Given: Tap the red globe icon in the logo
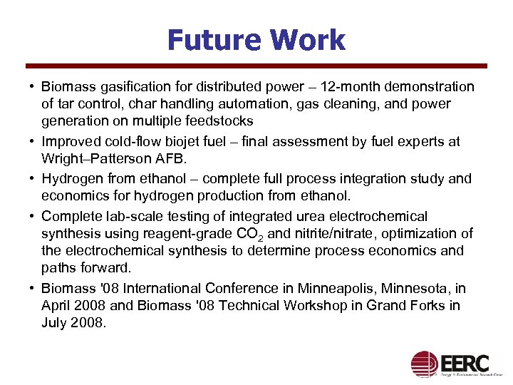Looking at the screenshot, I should (425, 363).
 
